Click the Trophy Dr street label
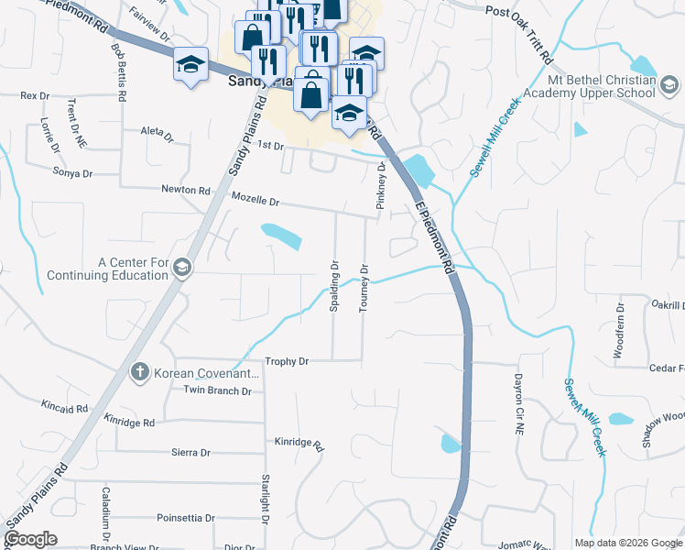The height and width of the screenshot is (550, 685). point(287,362)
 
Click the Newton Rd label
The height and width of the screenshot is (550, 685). point(186,190)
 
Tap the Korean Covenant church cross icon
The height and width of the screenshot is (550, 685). point(139,372)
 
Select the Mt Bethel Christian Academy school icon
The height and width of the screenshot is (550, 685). point(669,86)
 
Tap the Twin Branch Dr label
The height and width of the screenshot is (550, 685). point(217,391)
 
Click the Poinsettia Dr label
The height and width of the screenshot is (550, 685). point(185,518)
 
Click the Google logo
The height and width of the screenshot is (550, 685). point(31,538)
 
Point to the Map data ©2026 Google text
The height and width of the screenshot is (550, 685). point(627,542)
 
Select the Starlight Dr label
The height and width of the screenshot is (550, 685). point(265,500)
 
